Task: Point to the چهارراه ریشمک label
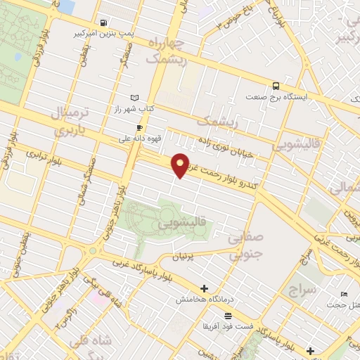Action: [167, 52]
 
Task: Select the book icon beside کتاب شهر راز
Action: [136, 98]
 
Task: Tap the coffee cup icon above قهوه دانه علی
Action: [139, 127]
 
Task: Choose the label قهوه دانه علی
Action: [134, 139]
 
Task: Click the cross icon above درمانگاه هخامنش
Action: [205, 288]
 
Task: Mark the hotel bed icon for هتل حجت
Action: [343, 293]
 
